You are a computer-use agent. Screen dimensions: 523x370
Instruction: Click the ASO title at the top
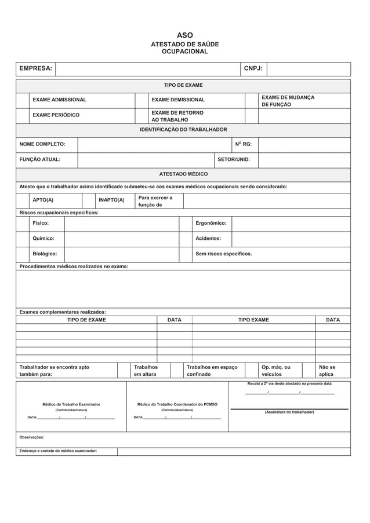coord(184,35)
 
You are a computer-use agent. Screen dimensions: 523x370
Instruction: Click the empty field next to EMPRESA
coord(147,69)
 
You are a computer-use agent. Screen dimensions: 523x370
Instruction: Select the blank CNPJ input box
coord(309,69)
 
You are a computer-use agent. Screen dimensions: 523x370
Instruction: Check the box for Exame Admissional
coord(23,100)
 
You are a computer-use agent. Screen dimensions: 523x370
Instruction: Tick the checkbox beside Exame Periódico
coord(23,115)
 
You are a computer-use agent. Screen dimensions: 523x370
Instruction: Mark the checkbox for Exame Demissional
coord(142,100)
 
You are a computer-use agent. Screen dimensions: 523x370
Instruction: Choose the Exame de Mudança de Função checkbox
coord(251,100)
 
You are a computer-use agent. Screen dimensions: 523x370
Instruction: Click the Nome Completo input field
coord(154,144)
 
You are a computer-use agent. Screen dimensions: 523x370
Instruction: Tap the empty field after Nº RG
coord(304,144)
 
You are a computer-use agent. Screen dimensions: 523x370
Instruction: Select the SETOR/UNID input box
coord(304,160)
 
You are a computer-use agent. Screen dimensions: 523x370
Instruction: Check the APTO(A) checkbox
coord(23,200)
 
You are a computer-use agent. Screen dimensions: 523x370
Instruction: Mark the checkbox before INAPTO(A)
coord(89,200)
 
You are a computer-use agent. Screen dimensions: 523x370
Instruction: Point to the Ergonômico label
coord(211,223)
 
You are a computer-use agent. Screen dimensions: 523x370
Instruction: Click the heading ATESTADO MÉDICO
coord(183,174)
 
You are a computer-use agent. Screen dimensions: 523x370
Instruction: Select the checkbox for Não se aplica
coord(309,370)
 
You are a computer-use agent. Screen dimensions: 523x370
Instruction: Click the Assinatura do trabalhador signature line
coord(289,408)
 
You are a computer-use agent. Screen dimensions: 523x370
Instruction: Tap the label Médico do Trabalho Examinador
coord(71,404)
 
